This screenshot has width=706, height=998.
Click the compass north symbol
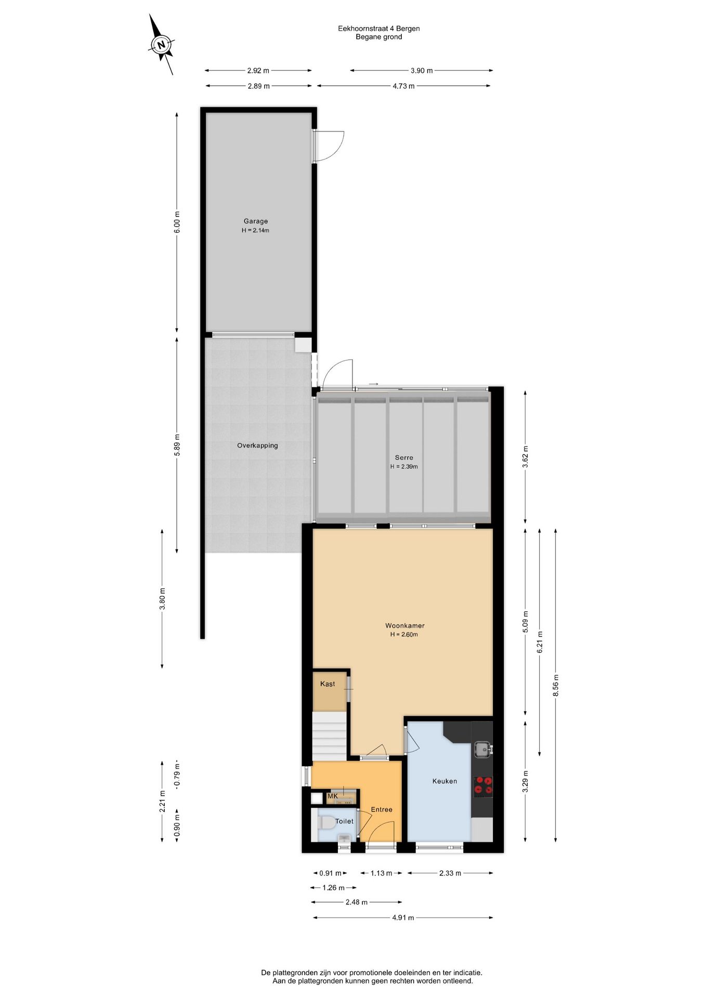tap(162, 45)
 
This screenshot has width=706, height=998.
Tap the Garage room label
tap(255, 221)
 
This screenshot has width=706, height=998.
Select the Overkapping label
tap(257, 445)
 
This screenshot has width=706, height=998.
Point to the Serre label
tap(404, 458)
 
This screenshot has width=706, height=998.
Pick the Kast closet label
tap(328, 684)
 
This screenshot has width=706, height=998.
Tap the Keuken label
tap(444, 781)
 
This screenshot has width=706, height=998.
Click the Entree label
tap(382, 809)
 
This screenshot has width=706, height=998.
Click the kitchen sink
tap(482, 749)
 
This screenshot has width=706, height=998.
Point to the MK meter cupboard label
tap(333, 796)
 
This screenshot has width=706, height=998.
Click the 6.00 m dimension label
tap(177, 222)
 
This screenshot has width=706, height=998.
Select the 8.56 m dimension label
tap(556, 685)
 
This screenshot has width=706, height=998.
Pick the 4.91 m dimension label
tap(403, 917)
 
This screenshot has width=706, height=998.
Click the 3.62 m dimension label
tap(525, 456)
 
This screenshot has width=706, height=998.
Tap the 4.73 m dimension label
tap(403, 86)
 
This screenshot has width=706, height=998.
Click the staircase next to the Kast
tap(329, 736)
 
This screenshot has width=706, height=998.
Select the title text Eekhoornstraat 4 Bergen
tap(378, 29)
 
